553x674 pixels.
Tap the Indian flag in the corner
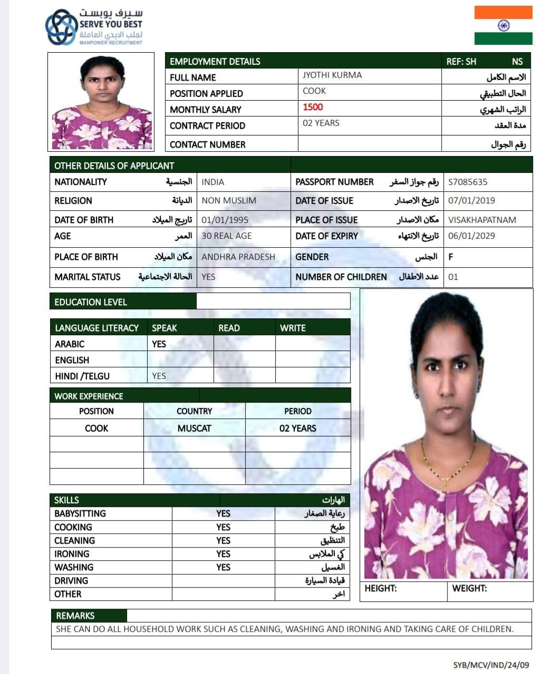pos(503,25)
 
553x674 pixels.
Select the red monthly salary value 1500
pos(313,108)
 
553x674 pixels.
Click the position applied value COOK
pos(314,91)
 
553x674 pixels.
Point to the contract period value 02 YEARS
pos(321,123)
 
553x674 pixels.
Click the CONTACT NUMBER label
pos(207,144)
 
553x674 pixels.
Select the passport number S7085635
pos(468,182)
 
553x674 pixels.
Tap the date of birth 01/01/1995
pos(225,220)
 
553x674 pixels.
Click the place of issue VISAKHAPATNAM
pos(482,220)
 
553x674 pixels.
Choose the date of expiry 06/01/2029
pos(471,236)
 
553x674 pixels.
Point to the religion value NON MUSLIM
pos(229,201)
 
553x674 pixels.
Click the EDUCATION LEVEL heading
pos(91,302)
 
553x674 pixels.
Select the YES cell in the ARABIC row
pos(159,344)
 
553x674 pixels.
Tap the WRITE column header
pos(293,328)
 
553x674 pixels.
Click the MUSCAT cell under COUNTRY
pos(194,428)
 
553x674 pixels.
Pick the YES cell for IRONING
pos(223,554)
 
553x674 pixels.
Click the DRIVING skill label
pos(71,581)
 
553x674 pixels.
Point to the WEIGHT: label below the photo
pos(469,589)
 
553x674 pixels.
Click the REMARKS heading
pos(75,616)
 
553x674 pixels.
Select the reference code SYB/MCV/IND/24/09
pos(491,665)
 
